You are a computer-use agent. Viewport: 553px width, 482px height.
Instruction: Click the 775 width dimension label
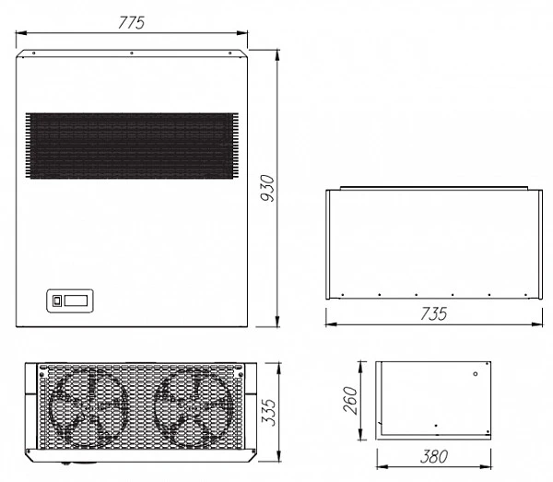point(131,23)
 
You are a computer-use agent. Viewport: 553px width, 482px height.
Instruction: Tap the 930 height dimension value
point(267,188)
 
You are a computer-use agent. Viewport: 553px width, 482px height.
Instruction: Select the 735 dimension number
point(434,313)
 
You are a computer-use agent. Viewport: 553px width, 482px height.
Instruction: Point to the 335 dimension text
point(269,413)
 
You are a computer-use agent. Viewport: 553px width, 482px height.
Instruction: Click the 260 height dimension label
point(350,400)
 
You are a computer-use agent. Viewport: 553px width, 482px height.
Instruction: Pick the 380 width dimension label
point(434,456)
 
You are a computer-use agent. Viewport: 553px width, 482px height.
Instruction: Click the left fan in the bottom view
point(88,407)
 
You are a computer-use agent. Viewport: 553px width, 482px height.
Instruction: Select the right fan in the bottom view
point(194,407)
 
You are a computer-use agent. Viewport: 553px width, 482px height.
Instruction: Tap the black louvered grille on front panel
point(132,146)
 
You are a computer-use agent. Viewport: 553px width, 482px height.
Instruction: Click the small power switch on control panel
point(57,300)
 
